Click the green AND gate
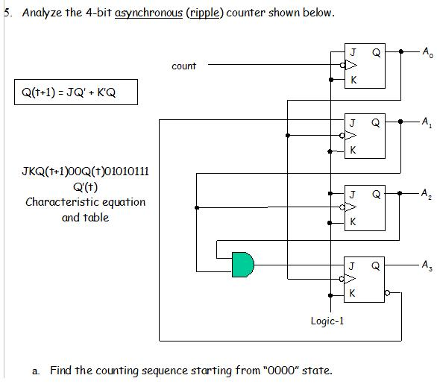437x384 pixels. coord(243,265)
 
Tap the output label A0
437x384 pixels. coord(427,52)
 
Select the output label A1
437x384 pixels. coord(427,122)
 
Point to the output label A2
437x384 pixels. coord(427,194)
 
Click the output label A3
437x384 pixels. coord(427,265)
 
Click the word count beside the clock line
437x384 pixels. coord(184,66)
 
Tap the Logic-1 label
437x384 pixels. coord(327,321)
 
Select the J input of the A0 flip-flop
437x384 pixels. coord(353,52)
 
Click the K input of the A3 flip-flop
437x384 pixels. coord(352,293)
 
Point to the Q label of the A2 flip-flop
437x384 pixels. coord(376,194)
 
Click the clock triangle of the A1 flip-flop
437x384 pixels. coord(350,136)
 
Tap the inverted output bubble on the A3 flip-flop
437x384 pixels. coord(387,293)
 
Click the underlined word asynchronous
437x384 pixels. coord(148,13)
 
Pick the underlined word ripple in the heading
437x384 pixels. coord(205,13)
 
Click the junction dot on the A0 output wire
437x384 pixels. coord(400,51)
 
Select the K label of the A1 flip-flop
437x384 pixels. coord(353,150)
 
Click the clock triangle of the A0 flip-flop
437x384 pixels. coord(351,65)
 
